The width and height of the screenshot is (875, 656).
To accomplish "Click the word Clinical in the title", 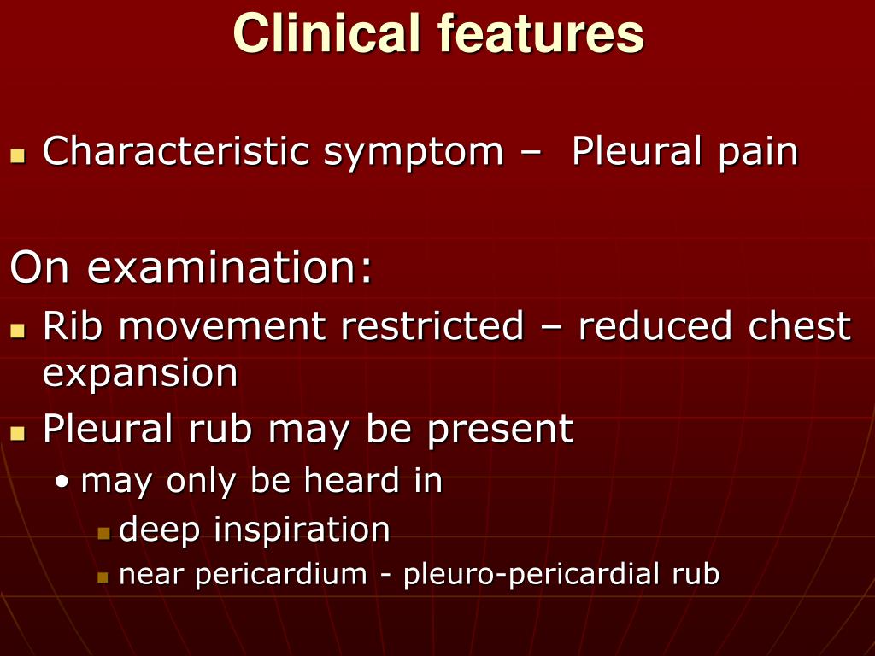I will pos(327,35).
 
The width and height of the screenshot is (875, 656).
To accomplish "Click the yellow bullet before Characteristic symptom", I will pos(17,157).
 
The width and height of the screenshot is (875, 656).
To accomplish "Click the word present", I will pos(500,430).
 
